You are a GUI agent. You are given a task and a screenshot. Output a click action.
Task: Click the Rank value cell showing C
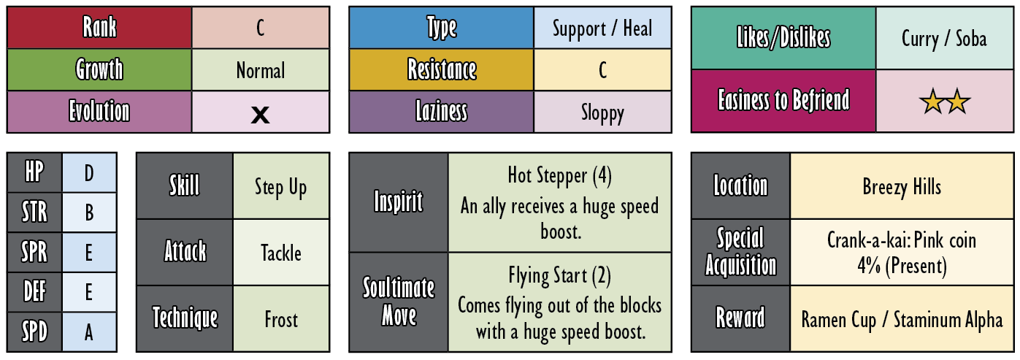pyautogui.click(x=261, y=28)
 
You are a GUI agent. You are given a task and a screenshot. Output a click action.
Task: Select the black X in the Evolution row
pyautogui.click(x=261, y=115)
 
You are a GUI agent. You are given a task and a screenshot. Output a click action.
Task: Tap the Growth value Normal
pyautogui.click(x=261, y=71)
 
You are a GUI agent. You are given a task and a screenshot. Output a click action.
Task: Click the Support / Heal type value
pyautogui.click(x=602, y=28)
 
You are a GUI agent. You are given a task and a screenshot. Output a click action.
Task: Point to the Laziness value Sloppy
pyautogui.click(x=602, y=112)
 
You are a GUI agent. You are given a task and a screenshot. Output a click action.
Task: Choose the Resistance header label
pyautogui.click(x=442, y=69)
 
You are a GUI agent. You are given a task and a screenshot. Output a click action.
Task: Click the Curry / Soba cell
pyautogui.click(x=944, y=39)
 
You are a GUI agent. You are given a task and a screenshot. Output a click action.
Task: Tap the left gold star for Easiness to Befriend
pyautogui.click(x=932, y=102)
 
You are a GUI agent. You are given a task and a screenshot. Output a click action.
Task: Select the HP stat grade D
pyautogui.click(x=89, y=173)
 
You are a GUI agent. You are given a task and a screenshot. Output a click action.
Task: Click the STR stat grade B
pyautogui.click(x=89, y=212)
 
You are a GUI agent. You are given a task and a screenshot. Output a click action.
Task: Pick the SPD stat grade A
pyautogui.click(x=89, y=332)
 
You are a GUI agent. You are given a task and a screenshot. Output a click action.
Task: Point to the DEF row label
pyautogui.click(x=34, y=291)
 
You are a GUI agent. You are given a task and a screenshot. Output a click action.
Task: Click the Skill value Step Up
pyautogui.click(x=280, y=187)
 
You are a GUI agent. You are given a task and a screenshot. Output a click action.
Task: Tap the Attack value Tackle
pyautogui.click(x=281, y=253)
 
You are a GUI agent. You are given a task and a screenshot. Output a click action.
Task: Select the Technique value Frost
pyautogui.click(x=281, y=319)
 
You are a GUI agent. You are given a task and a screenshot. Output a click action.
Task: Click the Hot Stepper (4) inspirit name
pyautogui.click(x=559, y=176)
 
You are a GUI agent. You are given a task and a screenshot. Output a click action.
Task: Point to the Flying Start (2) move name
pyautogui.click(x=559, y=276)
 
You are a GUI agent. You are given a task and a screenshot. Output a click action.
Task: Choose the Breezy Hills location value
pyautogui.click(x=902, y=187)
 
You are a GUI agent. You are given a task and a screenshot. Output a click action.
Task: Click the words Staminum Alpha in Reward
pyautogui.click(x=948, y=320)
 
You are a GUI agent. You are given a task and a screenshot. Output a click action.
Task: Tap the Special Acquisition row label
pyautogui.click(x=740, y=251)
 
